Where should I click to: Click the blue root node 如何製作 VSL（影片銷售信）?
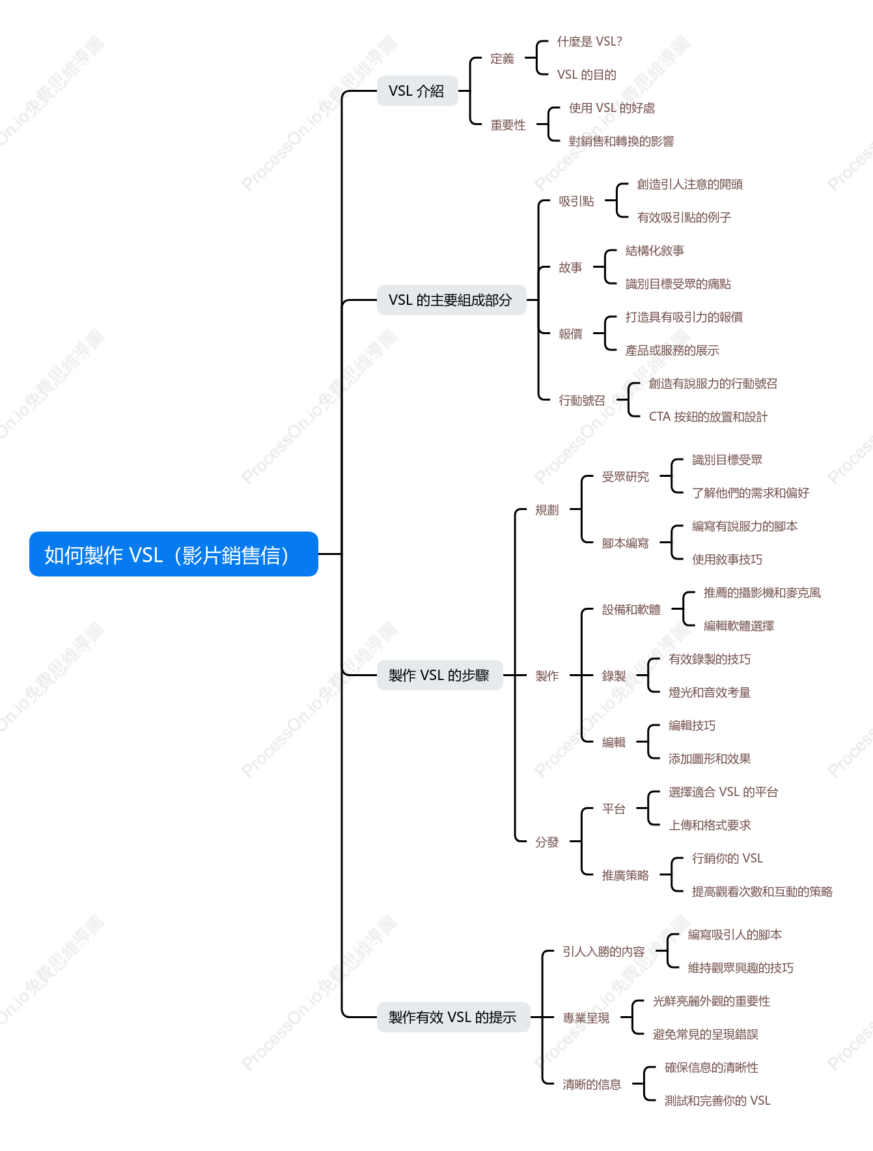pyautogui.click(x=174, y=554)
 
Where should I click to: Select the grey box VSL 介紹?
pyautogui.click(x=417, y=91)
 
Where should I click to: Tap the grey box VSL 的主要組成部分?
pyautogui.click(x=451, y=300)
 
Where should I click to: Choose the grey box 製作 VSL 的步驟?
pyautogui.click(x=439, y=675)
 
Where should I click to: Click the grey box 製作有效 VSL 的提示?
pyautogui.click(x=453, y=1017)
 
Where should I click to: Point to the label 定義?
pyautogui.click(x=502, y=59)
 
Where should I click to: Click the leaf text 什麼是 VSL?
pyautogui.click(x=589, y=42)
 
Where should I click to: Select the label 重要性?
pyautogui.click(x=508, y=125)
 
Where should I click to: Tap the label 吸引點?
pyautogui.click(x=576, y=201)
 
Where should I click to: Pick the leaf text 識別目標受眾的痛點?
pyautogui.click(x=678, y=284)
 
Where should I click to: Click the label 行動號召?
pyautogui.click(x=582, y=401)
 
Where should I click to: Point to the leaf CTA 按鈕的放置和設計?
pyautogui.click(x=708, y=417)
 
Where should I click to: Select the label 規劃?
pyautogui.click(x=547, y=510)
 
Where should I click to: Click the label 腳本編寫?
pyautogui.click(x=625, y=543)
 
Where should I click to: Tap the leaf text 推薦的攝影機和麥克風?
pyautogui.click(x=762, y=593)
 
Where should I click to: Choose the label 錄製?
pyautogui.click(x=613, y=676)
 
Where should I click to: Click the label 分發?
pyautogui.click(x=547, y=842)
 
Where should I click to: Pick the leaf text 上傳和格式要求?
pyautogui.click(x=710, y=825)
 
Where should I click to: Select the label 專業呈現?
pyautogui.click(x=586, y=1018)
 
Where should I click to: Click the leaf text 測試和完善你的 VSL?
pyautogui.click(x=717, y=1101)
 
